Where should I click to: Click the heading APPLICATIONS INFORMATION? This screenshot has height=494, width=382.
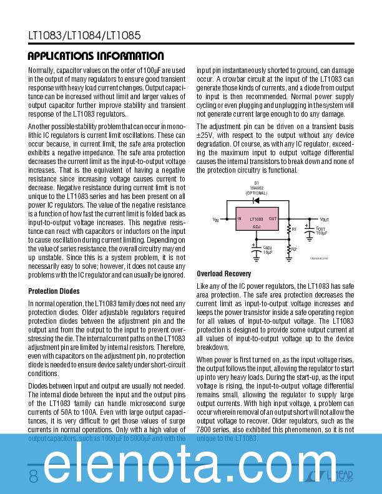pos(95,56)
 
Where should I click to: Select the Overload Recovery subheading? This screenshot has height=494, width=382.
pos(224,274)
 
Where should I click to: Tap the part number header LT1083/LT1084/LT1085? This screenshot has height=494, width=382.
pos(84,36)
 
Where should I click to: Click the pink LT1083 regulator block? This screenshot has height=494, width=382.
pos(257,223)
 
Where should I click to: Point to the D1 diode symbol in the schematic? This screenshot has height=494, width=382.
pos(257,201)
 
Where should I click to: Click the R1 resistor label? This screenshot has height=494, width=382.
pos(294,230)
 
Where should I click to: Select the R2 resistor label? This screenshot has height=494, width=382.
pos(294,249)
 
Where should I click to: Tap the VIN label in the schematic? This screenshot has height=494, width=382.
pos(216,220)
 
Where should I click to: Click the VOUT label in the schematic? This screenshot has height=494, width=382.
pos(325,220)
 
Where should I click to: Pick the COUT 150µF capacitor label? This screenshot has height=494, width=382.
pos(321,231)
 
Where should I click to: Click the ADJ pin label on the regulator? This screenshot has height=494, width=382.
pos(257,227)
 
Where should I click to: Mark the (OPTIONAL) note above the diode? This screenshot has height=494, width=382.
pos(256,193)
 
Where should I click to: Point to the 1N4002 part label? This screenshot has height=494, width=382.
pos(256,188)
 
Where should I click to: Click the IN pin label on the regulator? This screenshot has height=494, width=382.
pos(239,219)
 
